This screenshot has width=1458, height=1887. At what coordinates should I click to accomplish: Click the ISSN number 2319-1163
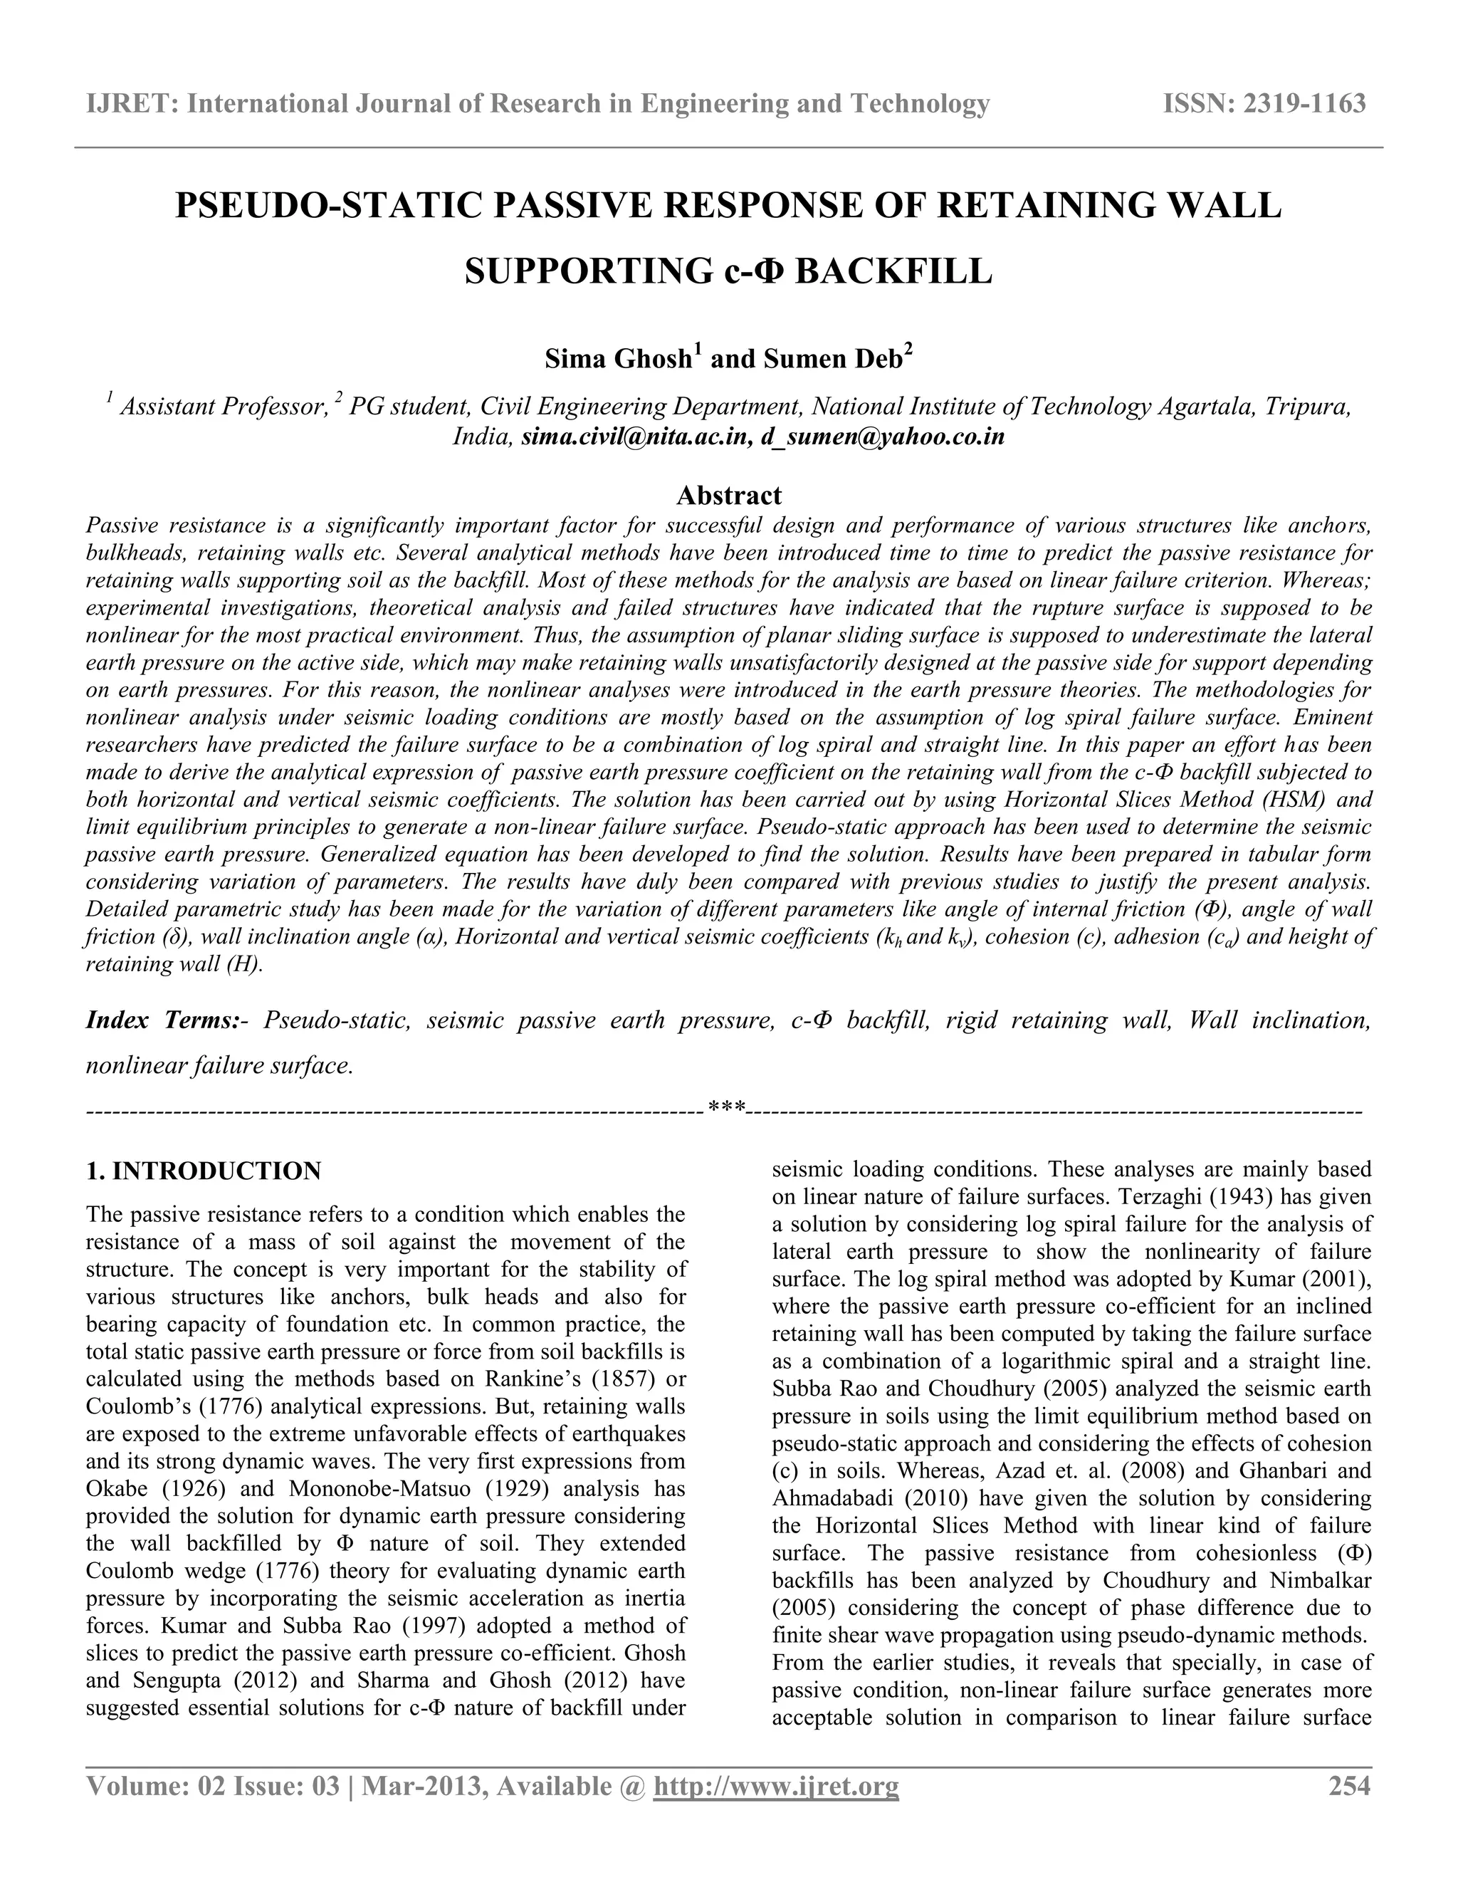pyautogui.click(x=1304, y=105)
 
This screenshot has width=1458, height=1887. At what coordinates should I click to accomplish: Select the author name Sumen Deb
pyautogui.click(x=831, y=359)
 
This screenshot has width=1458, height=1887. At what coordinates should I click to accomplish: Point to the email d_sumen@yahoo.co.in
pyautogui.click(x=883, y=437)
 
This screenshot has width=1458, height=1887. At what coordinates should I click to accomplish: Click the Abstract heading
pyautogui.click(x=728, y=495)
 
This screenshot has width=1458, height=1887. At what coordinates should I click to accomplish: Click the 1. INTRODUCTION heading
pyautogui.click(x=203, y=1171)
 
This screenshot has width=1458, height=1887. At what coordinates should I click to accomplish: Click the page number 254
pyautogui.click(x=1349, y=1786)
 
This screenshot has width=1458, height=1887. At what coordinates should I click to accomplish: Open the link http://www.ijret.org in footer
pyautogui.click(x=776, y=1786)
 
